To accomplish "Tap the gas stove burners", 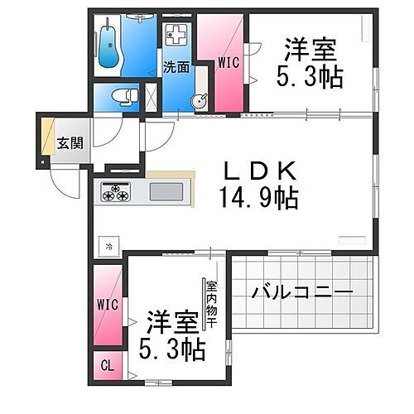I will click(x=115, y=193).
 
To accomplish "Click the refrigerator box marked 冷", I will click(x=108, y=246).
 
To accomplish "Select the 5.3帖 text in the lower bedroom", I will click(x=177, y=348).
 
